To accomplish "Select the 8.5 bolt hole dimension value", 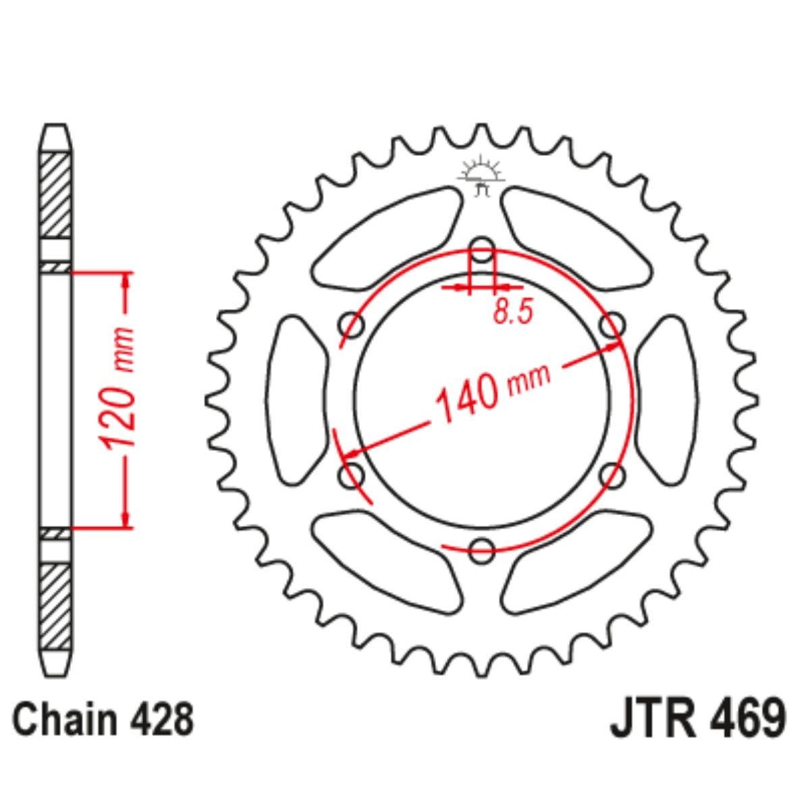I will coord(513,313).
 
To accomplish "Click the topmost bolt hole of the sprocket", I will coord(481,246).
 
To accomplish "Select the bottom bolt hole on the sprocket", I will coord(481,548).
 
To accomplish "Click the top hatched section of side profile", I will coord(55,196).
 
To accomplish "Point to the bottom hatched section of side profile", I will coord(55,604).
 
